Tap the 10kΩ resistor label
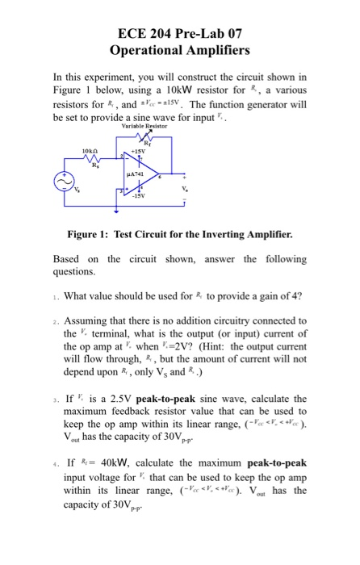(x=90, y=150)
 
